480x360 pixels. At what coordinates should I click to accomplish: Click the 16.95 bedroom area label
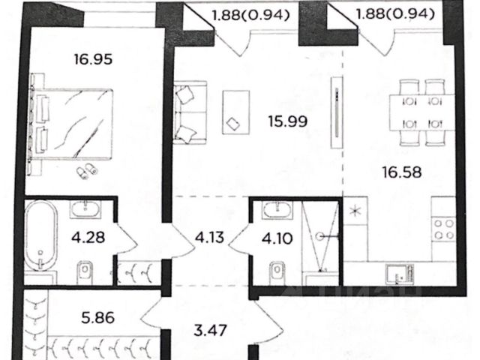click(93, 59)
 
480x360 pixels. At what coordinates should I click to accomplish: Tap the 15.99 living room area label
click(288, 121)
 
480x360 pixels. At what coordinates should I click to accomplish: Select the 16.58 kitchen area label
click(402, 172)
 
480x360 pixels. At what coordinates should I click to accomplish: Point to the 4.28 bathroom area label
click(88, 237)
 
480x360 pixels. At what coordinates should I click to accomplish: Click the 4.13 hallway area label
click(210, 237)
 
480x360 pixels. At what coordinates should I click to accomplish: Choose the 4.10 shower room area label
click(277, 238)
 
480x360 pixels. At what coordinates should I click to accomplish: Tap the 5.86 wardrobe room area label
click(98, 318)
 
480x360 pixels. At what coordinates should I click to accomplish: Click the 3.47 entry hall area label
click(211, 330)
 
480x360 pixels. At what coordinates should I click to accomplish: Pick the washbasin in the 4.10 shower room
click(277, 209)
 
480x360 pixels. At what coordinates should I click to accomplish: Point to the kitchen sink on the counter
click(400, 273)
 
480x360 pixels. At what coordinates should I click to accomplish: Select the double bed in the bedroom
click(71, 124)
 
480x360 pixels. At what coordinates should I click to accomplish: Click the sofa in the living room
click(190, 112)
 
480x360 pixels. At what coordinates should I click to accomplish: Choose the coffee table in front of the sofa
click(235, 112)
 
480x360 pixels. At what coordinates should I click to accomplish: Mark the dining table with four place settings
click(422, 112)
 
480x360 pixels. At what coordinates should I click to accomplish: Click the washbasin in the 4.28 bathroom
click(85, 209)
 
